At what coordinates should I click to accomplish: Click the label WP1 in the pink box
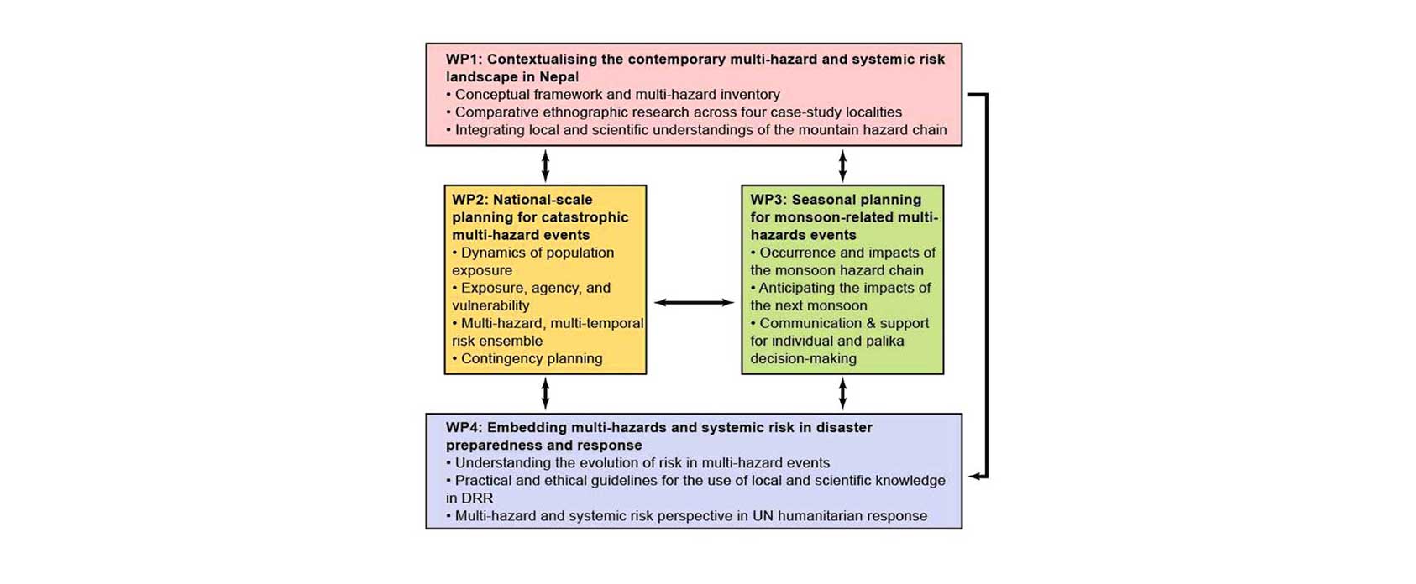(x=464, y=60)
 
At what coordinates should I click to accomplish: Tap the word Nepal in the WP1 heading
(x=559, y=77)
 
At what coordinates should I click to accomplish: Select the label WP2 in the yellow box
(x=469, y=200)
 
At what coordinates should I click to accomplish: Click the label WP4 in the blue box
(x=464, y=427)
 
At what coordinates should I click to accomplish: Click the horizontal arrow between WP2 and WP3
(x=694, y=303)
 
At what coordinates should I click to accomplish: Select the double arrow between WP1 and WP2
(x=546, y=165)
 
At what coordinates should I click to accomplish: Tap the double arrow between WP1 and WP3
(x=842, y=165)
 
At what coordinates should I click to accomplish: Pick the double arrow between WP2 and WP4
(x=546, y=394)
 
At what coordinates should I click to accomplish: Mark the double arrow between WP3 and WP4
(x=842, y=394)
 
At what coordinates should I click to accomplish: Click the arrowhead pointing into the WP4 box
(x=975, y=477)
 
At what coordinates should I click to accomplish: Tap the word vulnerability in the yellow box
(x=490, y=305)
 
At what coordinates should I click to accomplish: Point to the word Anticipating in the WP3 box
(x=798, y=288)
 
